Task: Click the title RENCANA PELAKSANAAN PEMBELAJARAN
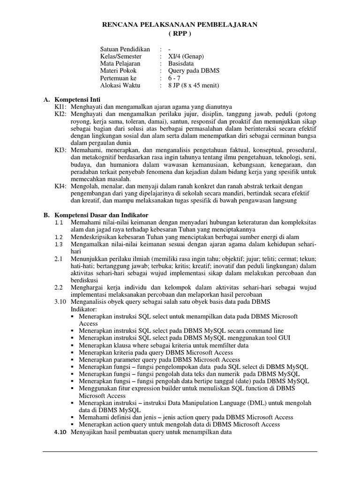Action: point(180,25)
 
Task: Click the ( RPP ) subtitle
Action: point(180,34)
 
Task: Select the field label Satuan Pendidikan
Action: point(125,49)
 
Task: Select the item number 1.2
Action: point(59,237)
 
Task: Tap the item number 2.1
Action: point(59,259)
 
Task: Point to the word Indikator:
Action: point(83,309)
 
